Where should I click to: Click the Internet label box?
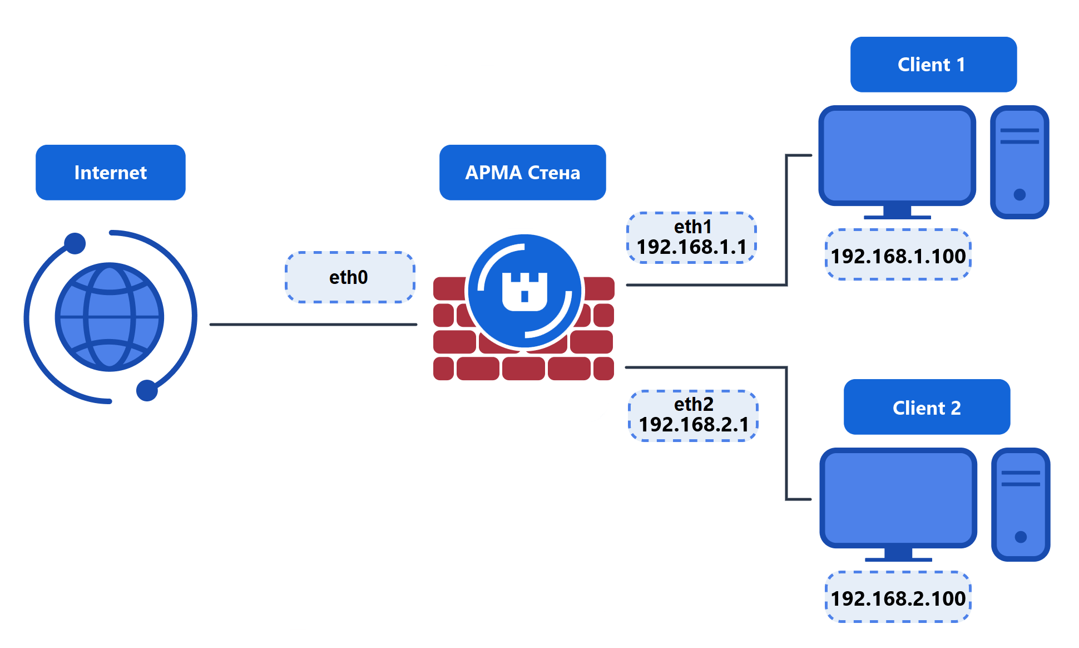(x=110, y=173)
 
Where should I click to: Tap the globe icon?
(x=110, y=317)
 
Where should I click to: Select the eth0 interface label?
(x=349, y=277)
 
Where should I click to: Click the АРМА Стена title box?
(x=522, y=173)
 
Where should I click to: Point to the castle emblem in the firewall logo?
(x=524, y=291)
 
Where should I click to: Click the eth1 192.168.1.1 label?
(x=691, y=238)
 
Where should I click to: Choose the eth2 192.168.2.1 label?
(x=693, y=415)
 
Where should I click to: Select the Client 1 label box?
(x=933, y=65)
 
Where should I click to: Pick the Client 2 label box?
(x=927, y=408)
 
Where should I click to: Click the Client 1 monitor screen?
(x=897, y=156)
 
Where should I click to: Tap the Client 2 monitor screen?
(x=898, y=498)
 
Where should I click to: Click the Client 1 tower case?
(x=1019, y=162)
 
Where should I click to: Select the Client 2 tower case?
(x=1021, y=504)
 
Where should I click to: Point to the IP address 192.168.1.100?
(x=898, y=256)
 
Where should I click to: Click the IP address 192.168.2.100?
(x=898, y=598)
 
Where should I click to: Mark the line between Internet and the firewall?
(x=313, y=325)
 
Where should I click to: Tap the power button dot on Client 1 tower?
(x=1019, y=194)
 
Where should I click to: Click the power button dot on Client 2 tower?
(x=1021, y=537)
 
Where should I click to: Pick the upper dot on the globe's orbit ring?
(x=75, y=243)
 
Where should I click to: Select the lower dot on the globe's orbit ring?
(x=147, y=390)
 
